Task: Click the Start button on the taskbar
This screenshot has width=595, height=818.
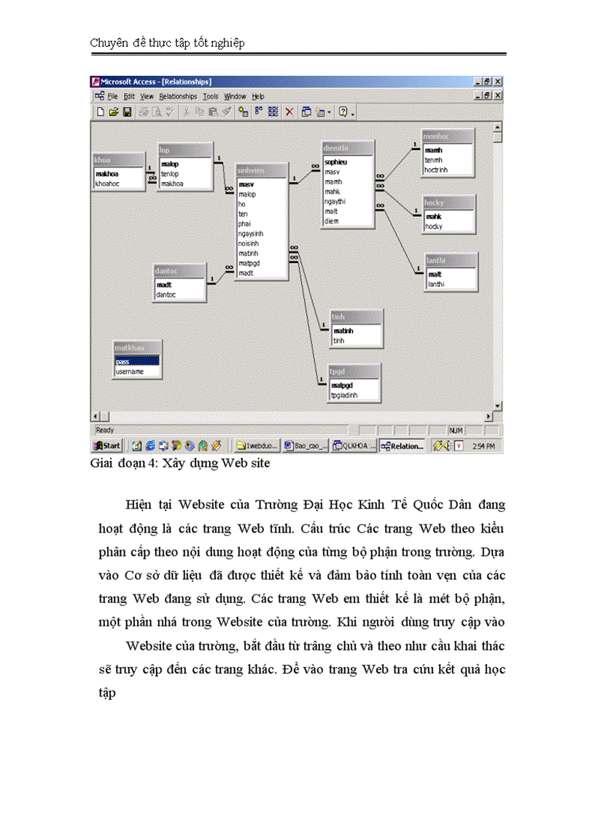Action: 106,446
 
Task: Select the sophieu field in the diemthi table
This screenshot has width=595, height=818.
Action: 335,162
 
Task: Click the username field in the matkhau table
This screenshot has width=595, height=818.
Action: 129,371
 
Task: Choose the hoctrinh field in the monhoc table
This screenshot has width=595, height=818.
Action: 437,170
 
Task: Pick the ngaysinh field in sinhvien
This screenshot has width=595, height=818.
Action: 251,234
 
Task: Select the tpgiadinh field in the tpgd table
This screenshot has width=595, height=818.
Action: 345,396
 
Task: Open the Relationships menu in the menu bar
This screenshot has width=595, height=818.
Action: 178,96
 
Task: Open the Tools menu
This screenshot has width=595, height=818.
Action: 211,96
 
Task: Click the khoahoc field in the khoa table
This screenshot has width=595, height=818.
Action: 107,184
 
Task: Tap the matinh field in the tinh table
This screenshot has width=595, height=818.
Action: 343,331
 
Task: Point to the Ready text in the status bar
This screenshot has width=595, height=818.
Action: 105,430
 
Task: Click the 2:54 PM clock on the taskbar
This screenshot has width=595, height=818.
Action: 484,446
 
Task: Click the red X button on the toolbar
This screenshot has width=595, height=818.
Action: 289,111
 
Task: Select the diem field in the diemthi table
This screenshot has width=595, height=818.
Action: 332,221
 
